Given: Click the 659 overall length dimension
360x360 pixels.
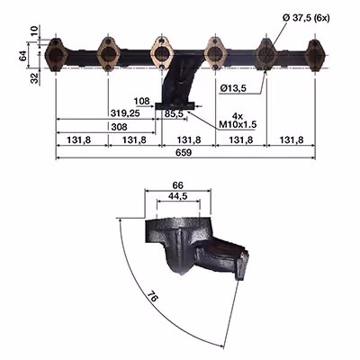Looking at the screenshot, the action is pos(184,153).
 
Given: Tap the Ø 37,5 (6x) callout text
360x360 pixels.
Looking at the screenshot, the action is pos(306,18).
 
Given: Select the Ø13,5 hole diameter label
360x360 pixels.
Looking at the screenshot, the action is pos(233,88).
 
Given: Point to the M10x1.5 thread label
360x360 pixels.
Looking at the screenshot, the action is pos(238,124).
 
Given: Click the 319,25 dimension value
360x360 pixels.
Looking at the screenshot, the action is pos(125,113).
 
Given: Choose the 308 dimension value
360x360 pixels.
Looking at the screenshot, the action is pos(119,127).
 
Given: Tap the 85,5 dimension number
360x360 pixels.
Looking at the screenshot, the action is pos(174,113).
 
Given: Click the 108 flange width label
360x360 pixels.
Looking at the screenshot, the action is pos(141,101).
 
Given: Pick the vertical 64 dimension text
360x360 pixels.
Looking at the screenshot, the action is pos(23,56).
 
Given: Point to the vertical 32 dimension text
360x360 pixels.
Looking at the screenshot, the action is pos(35,78).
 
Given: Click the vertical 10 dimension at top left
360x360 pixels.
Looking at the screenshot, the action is pos(35,31).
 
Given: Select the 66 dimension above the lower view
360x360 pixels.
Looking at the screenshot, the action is pos(178,185).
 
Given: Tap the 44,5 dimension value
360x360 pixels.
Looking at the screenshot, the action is pos(178,196).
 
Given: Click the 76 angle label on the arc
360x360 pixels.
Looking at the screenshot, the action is pos(153,297).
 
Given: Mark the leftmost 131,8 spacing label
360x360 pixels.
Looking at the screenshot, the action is pos(78,139).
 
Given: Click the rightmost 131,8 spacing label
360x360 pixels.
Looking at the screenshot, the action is pos(292,139).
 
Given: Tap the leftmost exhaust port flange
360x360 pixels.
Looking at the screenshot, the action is pos(55,55).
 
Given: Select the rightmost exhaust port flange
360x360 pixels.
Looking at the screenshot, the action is pos(315,56).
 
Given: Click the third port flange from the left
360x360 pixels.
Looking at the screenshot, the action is pos(162,53).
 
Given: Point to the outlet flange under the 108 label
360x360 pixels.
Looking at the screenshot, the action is pos(175,105).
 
